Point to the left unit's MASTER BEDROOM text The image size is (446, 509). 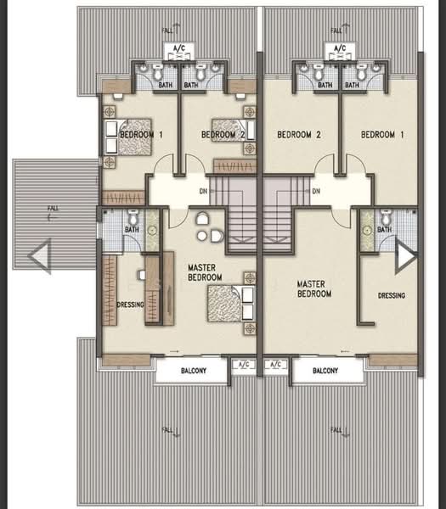(x=205, y=272)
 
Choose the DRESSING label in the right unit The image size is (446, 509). (x=392, y=295)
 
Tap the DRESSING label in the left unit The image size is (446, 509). (x=131, y=305)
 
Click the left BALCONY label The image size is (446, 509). (x=191, y=371)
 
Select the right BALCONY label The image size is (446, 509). (x=326, y=371)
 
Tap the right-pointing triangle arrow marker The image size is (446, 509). (x=404, y=255)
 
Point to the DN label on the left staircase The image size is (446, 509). (x=204, y=192)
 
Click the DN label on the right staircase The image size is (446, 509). (x=315, y=192)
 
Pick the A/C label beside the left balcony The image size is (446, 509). (x=246, y=365)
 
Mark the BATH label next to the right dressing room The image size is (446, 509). (x=384, y=229)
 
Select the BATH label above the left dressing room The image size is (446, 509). (x=132, y=229)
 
